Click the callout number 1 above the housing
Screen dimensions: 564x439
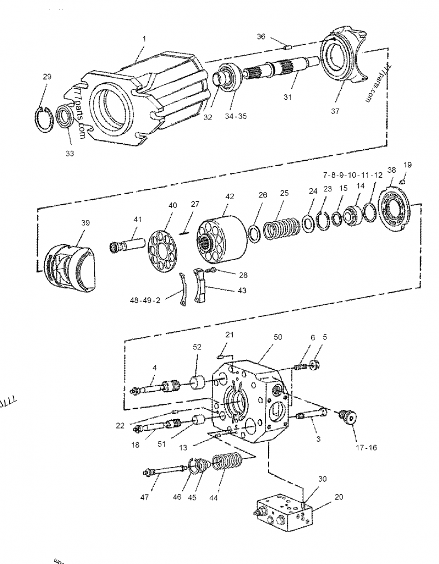(x=144, y=39)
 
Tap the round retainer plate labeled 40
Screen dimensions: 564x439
(x=163, y=247)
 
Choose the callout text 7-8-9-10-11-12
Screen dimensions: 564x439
(x=352, y=174)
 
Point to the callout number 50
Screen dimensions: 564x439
(x=278, y=337)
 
